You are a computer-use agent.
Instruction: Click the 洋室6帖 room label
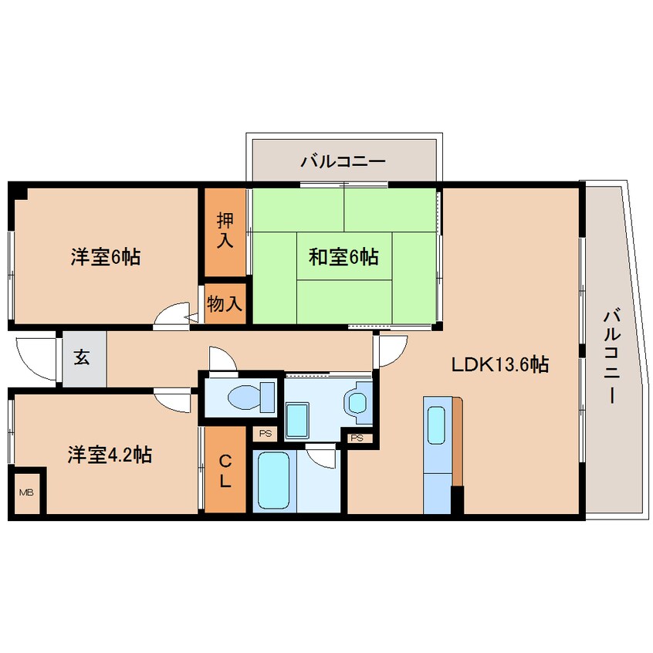coord(105,258)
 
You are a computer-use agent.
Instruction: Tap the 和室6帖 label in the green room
coord(343,257)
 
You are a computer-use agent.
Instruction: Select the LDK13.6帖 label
coord(500,364)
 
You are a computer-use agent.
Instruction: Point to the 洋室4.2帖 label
coord(108,455)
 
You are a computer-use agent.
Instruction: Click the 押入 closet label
coord(225,231)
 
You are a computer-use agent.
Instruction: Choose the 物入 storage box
coord(225,304)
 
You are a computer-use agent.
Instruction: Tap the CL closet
coord(225,471)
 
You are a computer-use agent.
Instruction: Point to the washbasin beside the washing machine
coord(357,402)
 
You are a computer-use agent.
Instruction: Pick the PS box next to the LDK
coord(356,438)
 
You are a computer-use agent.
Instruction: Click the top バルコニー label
coord(343,162)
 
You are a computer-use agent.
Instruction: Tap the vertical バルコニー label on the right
coord(612,355)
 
